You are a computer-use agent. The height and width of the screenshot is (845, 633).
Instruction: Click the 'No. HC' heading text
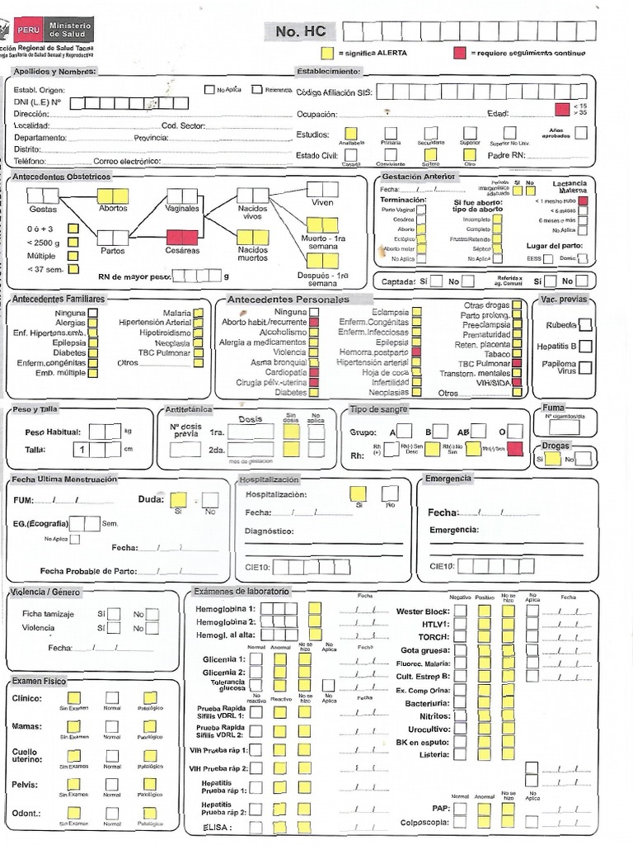(x=300, y=31)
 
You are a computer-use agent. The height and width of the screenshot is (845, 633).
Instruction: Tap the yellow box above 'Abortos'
(x=113, y=196)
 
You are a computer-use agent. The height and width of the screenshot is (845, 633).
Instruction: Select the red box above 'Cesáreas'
(x=182, y=238)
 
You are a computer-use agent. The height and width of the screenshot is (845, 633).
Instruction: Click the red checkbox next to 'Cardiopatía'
(x=314, y=372)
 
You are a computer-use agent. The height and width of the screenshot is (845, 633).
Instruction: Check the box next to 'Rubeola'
(x=585, y=324)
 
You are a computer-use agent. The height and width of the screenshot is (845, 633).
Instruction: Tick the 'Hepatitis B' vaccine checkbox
(x=585, y=346)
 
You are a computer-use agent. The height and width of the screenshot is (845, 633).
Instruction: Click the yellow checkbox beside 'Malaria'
(x=199, y=314)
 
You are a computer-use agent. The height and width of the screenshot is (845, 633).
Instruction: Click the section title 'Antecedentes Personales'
(x=288, y=299)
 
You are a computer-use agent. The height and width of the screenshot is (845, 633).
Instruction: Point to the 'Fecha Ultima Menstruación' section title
(x=64, y=479)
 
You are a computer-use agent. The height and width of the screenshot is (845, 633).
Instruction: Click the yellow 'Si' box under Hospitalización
(x=359, y=493)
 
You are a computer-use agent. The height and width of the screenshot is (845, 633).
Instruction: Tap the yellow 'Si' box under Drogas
(x=554, y=460)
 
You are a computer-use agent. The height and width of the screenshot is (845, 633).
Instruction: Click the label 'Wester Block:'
(x=423, y=611)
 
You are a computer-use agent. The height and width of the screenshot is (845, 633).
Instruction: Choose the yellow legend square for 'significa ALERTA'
(x=327, y=54)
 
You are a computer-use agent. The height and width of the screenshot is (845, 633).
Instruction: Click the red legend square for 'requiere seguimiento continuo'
(x=460, y=54)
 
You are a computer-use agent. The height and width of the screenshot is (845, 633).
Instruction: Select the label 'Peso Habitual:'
(x=53, y=432)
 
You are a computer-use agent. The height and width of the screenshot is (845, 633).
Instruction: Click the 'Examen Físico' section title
(x=38, y=681)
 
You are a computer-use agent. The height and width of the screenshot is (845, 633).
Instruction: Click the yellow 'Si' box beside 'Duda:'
(x=178, y=499)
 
